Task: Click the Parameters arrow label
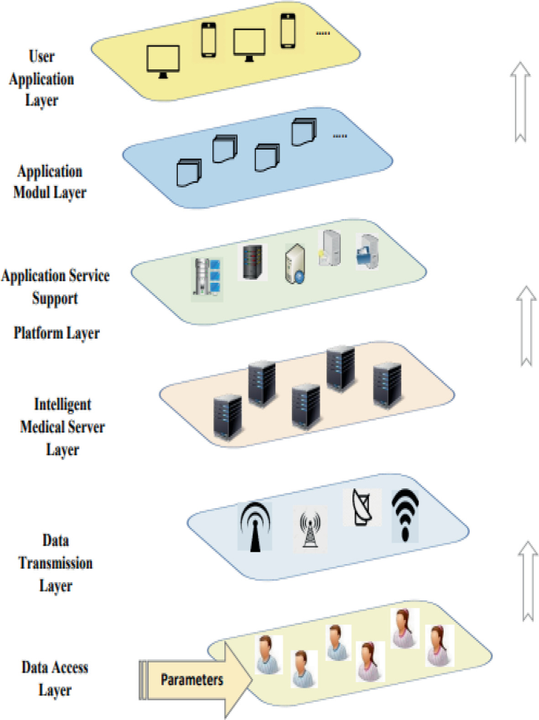(x=192, y=680)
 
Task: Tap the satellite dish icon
(x=361, y=507)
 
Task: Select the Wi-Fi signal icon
(x=405, y=514)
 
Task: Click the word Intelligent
(x=62, y=405)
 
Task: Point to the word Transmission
(x=56, y=563)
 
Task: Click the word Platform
(x=34, y=333)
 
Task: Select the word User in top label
(x=42, y=57)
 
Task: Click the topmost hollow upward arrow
(x=520, y=102)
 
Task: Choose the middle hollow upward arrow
(x=526, y=325)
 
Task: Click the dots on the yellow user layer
(x=323, y=33)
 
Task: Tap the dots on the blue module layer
(x=340, y=136)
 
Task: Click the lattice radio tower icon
(x=310, y=529)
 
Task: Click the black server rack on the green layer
(x=253, y=262)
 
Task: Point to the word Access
(x=68, y=667)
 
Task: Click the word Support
(x=54, y=299)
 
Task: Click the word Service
(x=90, y=276)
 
